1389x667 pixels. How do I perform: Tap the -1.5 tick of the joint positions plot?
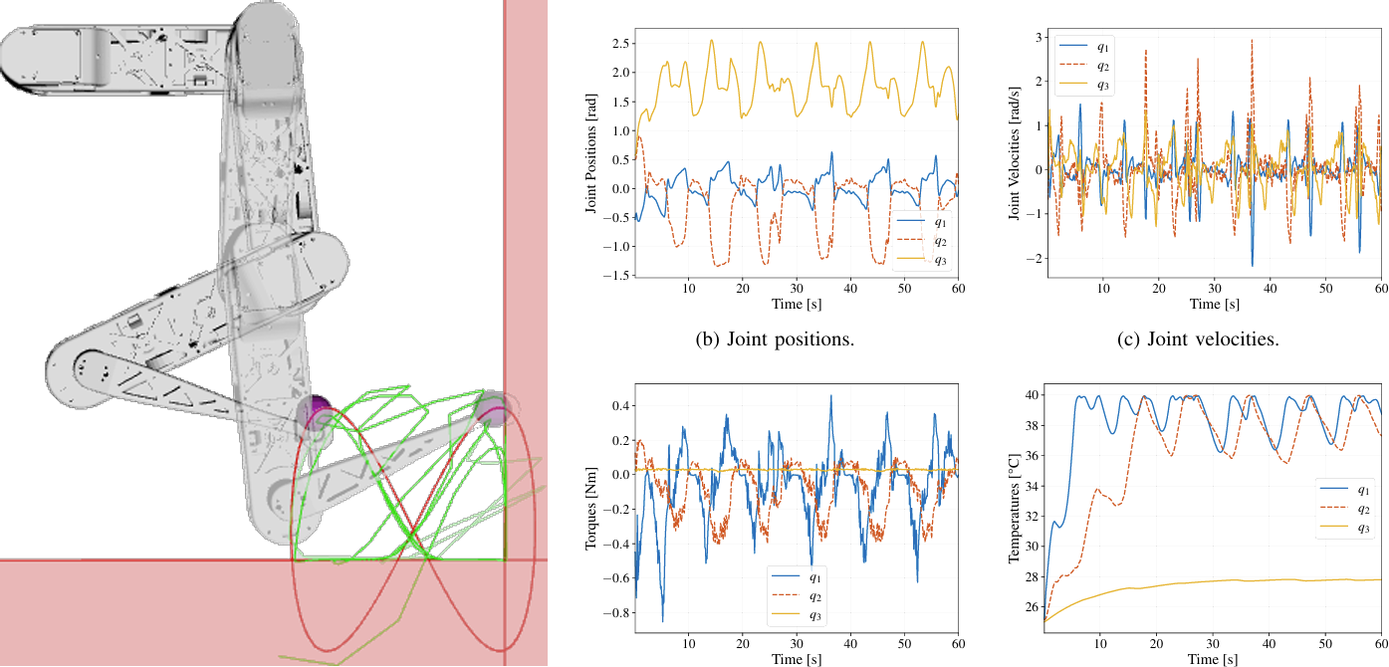click(x=620, y=276)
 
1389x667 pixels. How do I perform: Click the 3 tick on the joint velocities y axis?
click(x=1037, y=38)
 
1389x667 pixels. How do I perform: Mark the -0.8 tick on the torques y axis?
click(x=618, y=614)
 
